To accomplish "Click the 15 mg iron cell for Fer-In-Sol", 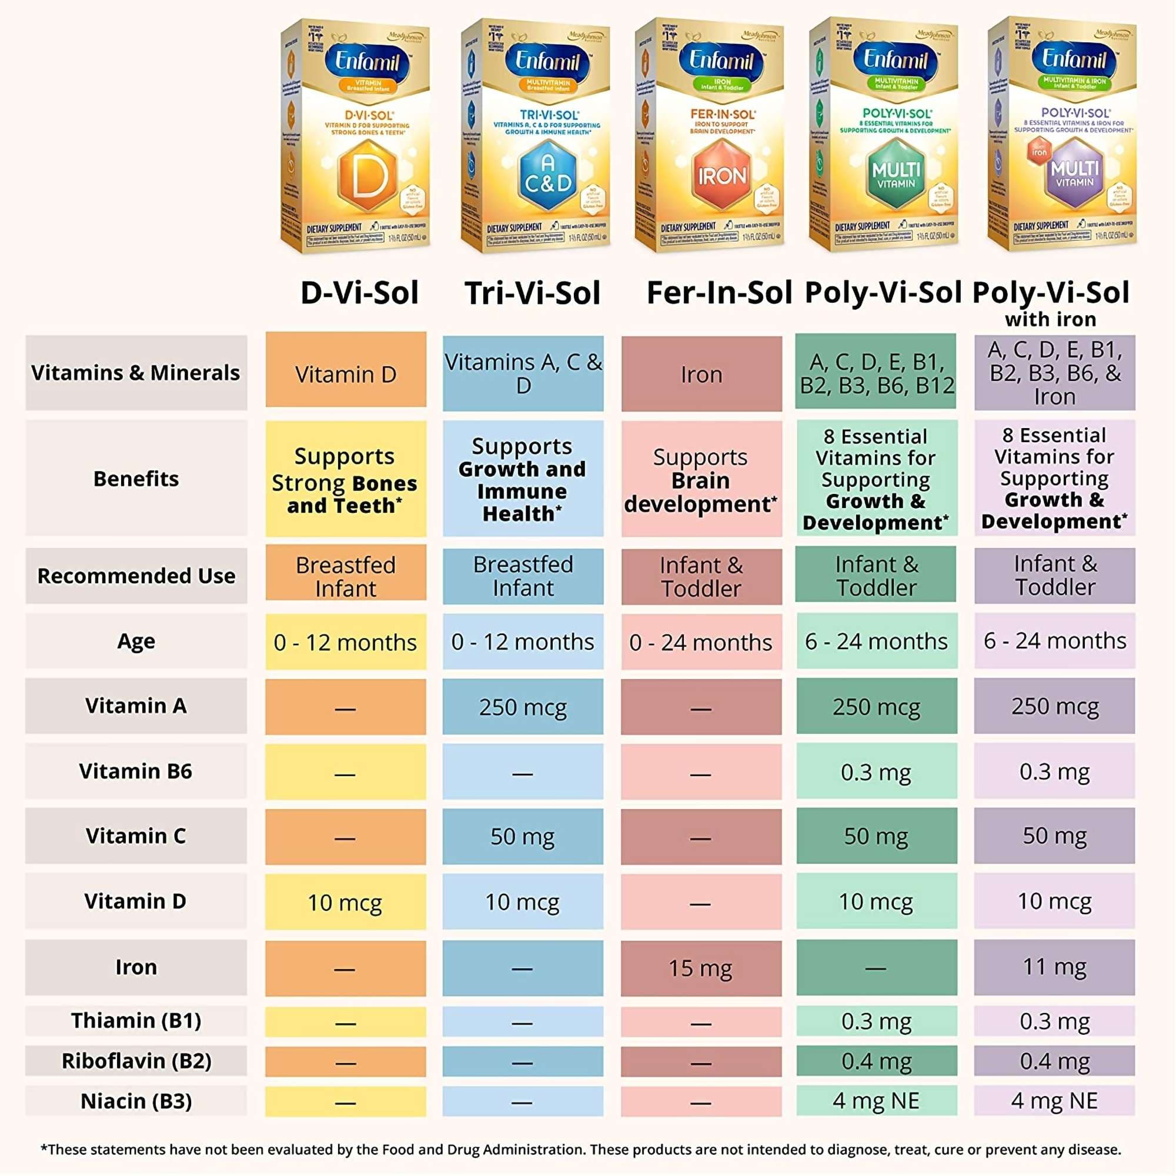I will tap(701, 968).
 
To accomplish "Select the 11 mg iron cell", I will tap(1054, 967).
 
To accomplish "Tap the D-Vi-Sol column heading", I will tap(360, 293).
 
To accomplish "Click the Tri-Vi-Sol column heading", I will tap(533, 293).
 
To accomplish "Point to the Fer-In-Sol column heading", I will tap(719, 293).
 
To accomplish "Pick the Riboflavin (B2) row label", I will tap(136, 1061).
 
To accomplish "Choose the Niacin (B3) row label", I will tap(136, 1101).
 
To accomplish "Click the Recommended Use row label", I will tap(136, 576).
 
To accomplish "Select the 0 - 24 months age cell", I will tap(701, 642).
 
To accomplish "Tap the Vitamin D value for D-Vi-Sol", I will tap(345, 902).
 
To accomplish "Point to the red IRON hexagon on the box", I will tap(723, 175).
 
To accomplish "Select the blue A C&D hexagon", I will tap(548, 174).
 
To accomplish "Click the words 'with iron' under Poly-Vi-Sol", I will tap(1051, 319).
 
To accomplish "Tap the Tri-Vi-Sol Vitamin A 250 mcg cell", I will tap(523, 707).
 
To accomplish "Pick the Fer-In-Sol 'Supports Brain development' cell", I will tap(701, 480).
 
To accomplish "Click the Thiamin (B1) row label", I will tap(136, 1021).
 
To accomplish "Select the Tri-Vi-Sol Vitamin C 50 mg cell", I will tap(523, 836).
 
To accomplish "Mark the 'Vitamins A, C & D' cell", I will tap(523, 374).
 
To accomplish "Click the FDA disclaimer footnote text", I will tap(581, 1150).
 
